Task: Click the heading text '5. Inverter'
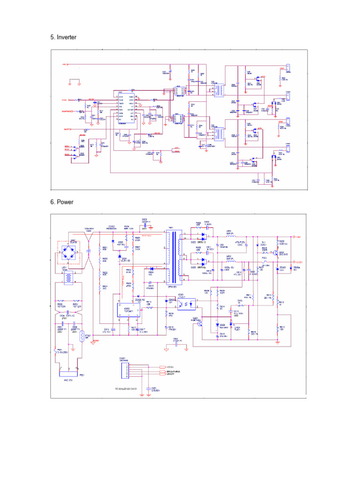pyautogui.click(x=63, y=37)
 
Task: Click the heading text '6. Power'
pyautogui.click(x=62, y=202)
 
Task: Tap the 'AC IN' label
pyautogui.click(x=69, y=381)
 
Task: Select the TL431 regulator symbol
pyautogui.click(x=231, y=324)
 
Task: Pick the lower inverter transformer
pyautogui.click(x=218, y=134)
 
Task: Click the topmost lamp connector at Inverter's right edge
pyautogui.click(x=288, y=70)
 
